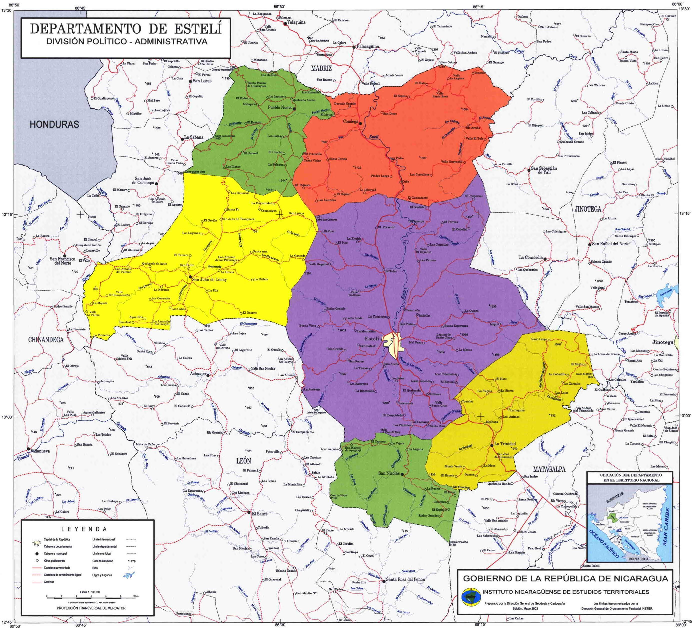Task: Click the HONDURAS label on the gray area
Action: coord(54,124)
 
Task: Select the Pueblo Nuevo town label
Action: coord(280,108)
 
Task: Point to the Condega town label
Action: coord(350,122)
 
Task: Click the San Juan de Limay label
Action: coord(209,280)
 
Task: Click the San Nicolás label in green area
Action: coord(389,473)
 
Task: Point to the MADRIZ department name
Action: coord(321,68)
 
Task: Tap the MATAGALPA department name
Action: coord(549,469)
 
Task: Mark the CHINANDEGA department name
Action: coord(46,340)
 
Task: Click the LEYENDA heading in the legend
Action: coord(84,529)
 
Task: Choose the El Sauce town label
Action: coord(260,514)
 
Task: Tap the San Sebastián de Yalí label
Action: coord(544,170)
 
